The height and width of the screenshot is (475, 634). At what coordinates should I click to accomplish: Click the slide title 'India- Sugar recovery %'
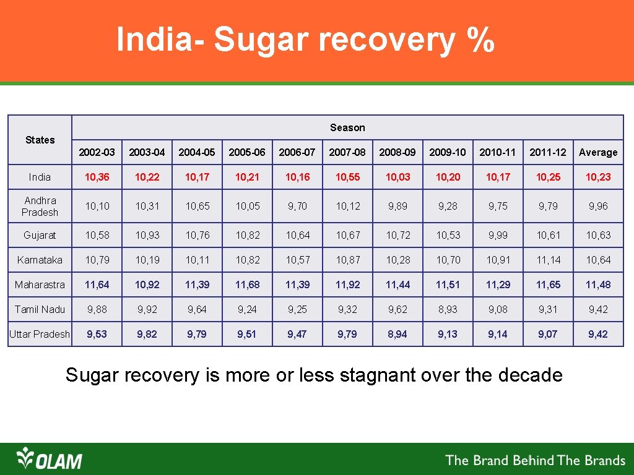click(x=305, y=40)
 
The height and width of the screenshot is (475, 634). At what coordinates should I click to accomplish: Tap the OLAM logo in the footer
click(x=50, y=459)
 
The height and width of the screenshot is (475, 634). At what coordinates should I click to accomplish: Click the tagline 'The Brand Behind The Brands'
click(x=536, y=460)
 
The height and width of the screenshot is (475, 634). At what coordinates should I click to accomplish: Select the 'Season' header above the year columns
click(x=347, y=127)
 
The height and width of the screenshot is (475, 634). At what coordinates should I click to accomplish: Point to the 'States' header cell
click(x=40, y=140)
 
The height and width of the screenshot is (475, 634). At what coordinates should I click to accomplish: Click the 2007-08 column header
click(x=347, y=152)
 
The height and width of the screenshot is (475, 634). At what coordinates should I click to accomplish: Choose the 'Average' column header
click(x=598, y=152)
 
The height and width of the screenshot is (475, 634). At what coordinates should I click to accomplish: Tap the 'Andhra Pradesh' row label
click(x=40, y=206)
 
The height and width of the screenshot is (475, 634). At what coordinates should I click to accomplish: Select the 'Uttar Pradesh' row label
click(x=40, y=334)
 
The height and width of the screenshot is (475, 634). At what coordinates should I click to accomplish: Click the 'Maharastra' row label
click(x=40, y=285)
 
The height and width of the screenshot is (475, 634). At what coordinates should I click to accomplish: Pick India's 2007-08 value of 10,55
click(x=347, y=177)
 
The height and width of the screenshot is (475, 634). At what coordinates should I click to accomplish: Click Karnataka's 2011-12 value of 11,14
click(x=548, y=260)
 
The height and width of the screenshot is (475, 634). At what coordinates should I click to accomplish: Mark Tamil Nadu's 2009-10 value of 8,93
click(x=448, y=309)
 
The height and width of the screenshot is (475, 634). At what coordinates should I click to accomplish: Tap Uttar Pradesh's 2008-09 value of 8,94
click(x=397, y=334)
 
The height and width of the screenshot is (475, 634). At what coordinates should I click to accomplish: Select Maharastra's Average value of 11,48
click(x=598, y=285)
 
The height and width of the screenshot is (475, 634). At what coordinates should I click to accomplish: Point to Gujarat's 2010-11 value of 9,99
click(x=498, y=235)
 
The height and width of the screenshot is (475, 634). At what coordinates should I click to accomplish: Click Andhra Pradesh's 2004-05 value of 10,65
click(x=197, y=206)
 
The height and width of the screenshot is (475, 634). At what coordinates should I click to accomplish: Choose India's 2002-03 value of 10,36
click(x=97, y=177)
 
